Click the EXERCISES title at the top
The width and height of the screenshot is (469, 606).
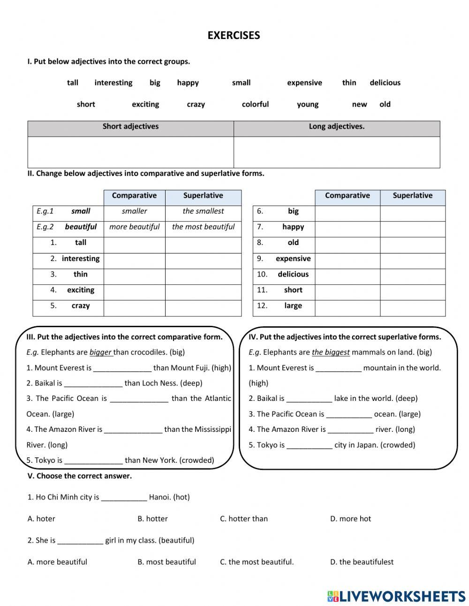pyautogui.click(x=234, y=36)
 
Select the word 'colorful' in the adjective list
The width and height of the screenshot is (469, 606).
pyautogui.click(x=255, y=104)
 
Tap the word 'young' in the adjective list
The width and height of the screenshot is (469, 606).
pyautogui.click(x=308, y=104)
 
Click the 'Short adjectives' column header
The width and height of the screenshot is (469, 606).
pyautogui.click(x=130, y=127)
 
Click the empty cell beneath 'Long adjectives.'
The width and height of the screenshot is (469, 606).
pyautogui.click(x=337, y=152)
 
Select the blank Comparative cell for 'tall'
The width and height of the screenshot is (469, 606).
pyautogui.click(x=134, y=243)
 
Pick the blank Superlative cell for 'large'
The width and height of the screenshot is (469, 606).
pyautogui.click(x=412, y=306)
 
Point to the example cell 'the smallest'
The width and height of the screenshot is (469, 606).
pyautogui.click(x=203, y=211)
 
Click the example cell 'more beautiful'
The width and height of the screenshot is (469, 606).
pyautogui.click(x=134, y=227)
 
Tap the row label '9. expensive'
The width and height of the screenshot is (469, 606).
pyautogui.click(x=284, y=259)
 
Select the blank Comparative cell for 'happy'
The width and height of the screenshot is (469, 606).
pyautogui.click(x=347, y=227)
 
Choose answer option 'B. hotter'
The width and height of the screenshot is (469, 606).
pyautogui.click(x=152, y=519)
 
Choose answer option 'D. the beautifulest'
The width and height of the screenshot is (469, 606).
pyautogui.click(x=362, y=562)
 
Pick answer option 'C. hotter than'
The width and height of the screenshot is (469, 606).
pyautogui.click(x=243, y=519)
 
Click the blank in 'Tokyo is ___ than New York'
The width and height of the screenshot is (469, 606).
pyautogui.click(x=93, y=460)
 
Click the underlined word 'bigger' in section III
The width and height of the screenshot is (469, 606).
pyautogui.click(x=101, y=352)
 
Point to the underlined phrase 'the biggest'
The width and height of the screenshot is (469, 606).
pyautogui.click(x=331, y=352)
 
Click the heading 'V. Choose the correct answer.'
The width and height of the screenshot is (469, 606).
pyautogui.click(x=80, y=476)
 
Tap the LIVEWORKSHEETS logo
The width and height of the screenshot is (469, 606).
pyautogui.click(x=397, y=596)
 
